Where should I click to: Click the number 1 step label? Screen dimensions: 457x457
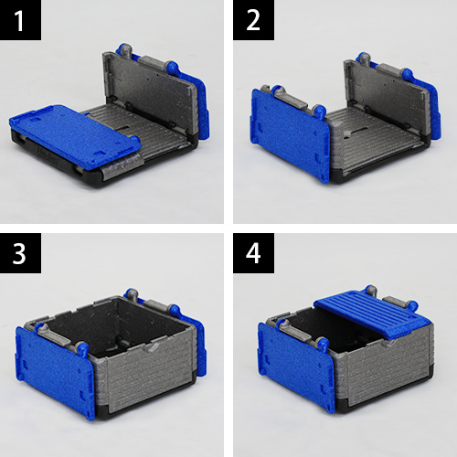coord(19,21)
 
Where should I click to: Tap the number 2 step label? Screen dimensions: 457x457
coord(253,21)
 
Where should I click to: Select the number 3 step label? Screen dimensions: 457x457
coord(19,253)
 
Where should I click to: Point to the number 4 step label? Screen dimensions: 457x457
coord(253,253)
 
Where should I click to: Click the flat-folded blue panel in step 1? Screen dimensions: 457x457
coord(75,135)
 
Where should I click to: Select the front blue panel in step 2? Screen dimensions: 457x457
coord(290,134)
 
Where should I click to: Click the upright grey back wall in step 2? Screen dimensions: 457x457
coord(387,91)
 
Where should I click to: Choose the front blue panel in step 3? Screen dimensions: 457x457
coord(55,372)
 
